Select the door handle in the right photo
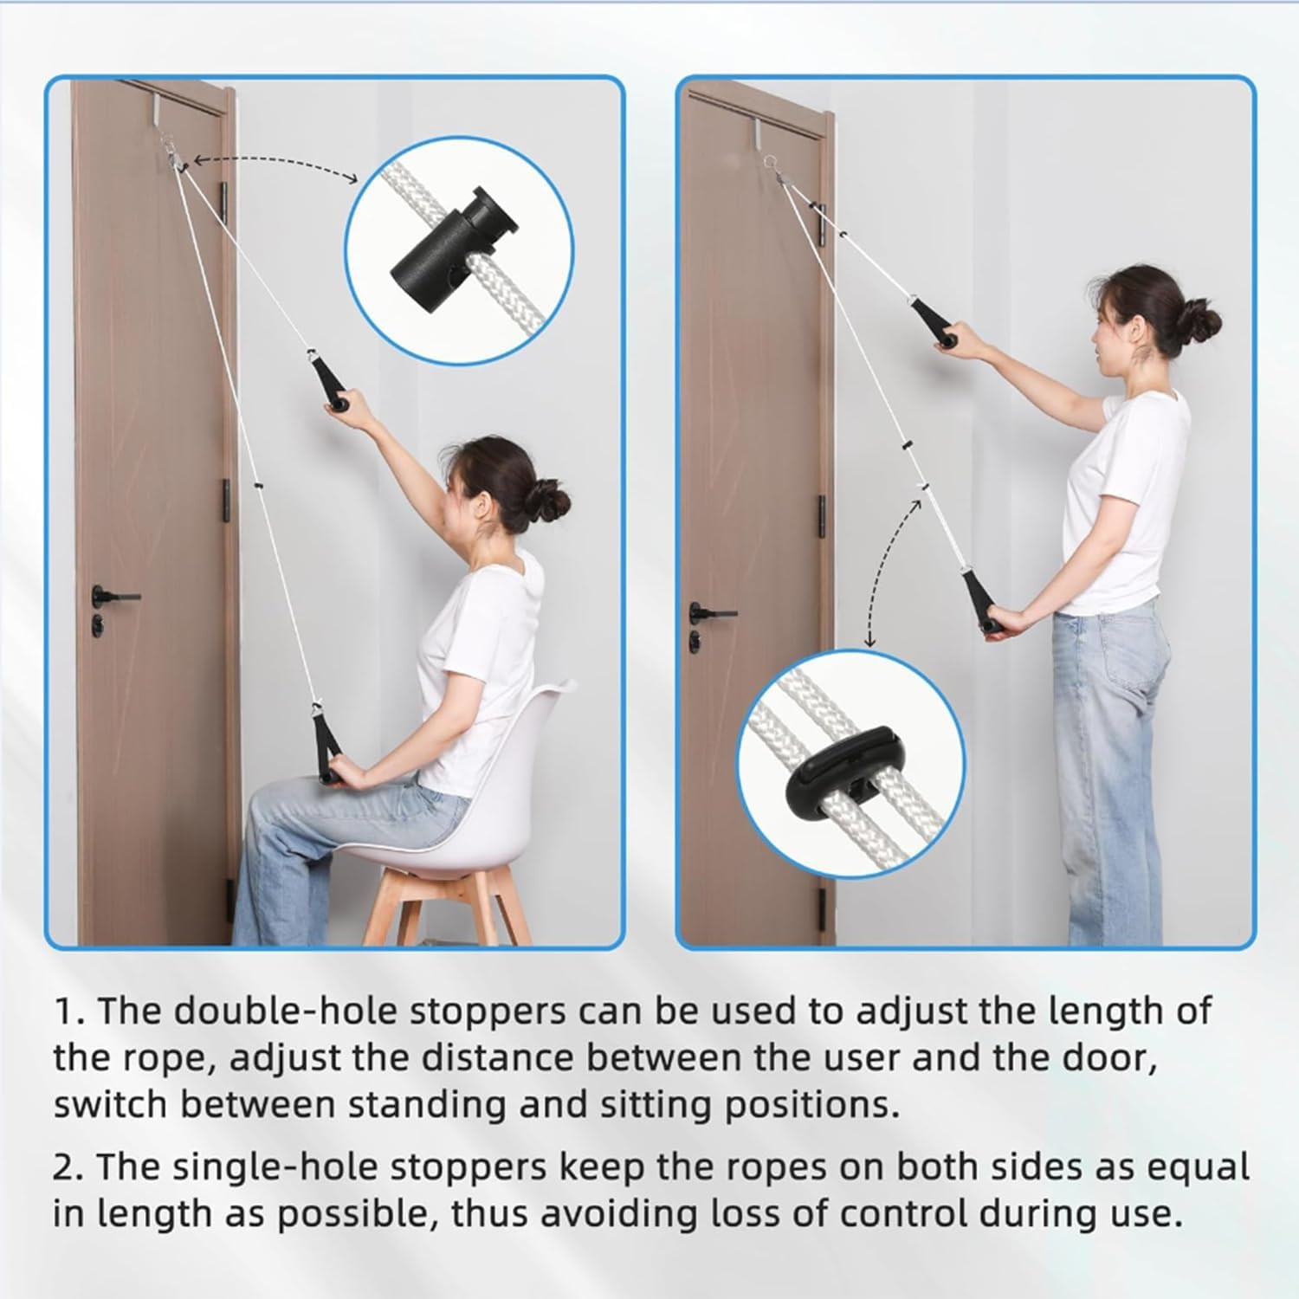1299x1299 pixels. click(708, 612)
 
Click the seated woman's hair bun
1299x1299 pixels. click(551, 505)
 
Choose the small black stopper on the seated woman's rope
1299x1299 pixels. click(257, 487)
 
